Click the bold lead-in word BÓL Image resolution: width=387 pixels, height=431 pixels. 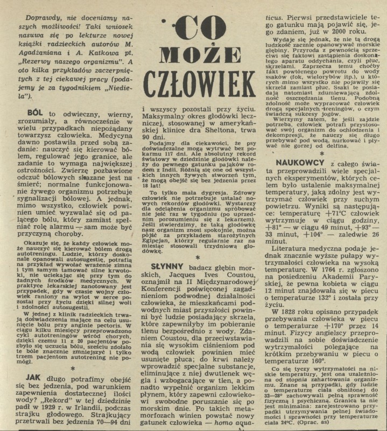[38, 114]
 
